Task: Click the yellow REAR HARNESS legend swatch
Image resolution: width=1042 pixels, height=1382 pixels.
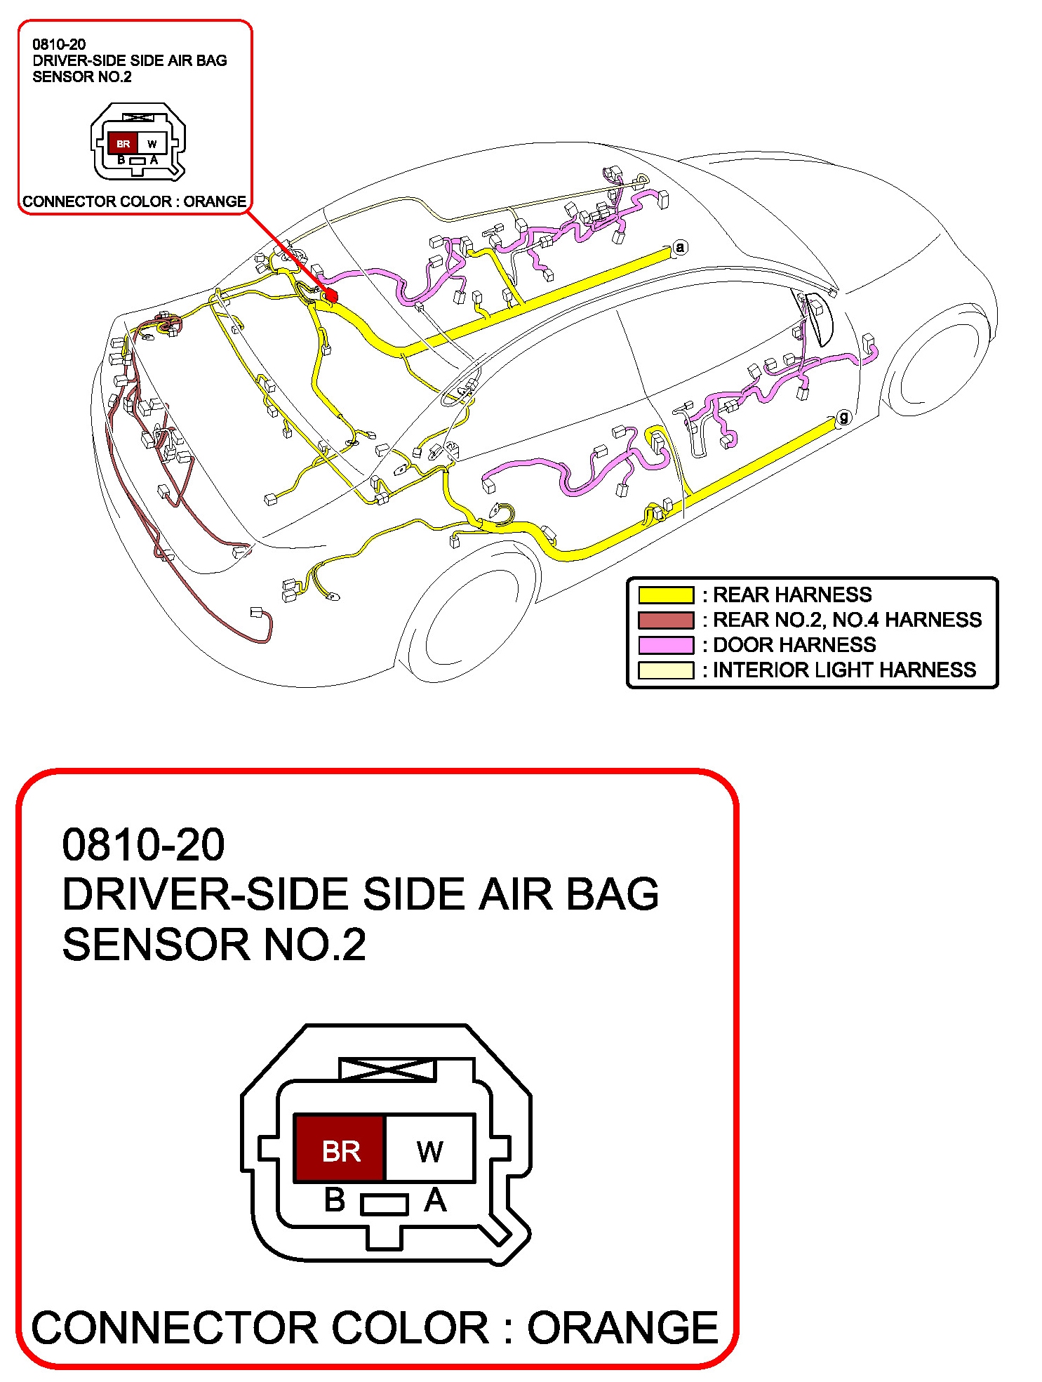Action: pyautogui.click(x=665, y=595)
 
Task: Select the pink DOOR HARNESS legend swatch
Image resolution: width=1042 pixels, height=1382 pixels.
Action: pyautogui.click(x=665, y=645)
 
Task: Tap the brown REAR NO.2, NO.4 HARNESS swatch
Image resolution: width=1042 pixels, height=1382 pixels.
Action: pyautogui.click(x=665, y=620)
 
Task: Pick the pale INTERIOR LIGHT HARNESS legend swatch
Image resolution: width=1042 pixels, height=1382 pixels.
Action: pyautogui.click(x=665, y=670)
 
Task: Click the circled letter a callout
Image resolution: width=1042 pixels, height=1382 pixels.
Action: pyautogui.click(x=679, y=247)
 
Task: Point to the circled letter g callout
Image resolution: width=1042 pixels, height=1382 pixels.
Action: pyautogui.click(x=843, y=417)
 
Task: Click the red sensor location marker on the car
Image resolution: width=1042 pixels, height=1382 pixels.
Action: pyautogui.click(x=331, y=296)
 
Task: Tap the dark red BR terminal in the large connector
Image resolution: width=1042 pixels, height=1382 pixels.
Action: pyautogui.click(x=340, y=1148)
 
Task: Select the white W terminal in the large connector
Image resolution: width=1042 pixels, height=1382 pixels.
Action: pyautogui.click(x=429, y=1148)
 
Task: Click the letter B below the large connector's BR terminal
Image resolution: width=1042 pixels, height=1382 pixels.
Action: pyautogui.click(x=335, y=1200)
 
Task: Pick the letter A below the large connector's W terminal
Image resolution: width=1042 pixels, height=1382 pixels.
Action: pyautogui.click(x=435, y=1200)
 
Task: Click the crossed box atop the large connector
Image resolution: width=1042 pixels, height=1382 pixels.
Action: pyautogui.click(x=387, y=1069)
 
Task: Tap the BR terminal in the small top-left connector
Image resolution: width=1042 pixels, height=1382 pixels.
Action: pyautogui.click(x=123, y=143)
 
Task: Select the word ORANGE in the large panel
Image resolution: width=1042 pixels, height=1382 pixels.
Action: pyautogui.click(x=622, y=1327)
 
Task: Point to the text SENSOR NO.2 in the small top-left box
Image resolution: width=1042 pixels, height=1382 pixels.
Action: pyautogui.click(x=81, y=77)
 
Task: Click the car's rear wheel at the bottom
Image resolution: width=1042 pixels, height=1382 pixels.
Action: pyautogui.click(x=467, y=618)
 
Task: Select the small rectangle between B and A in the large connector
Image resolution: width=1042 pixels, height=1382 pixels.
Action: pyautogui.click(x=384, y=1204)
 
